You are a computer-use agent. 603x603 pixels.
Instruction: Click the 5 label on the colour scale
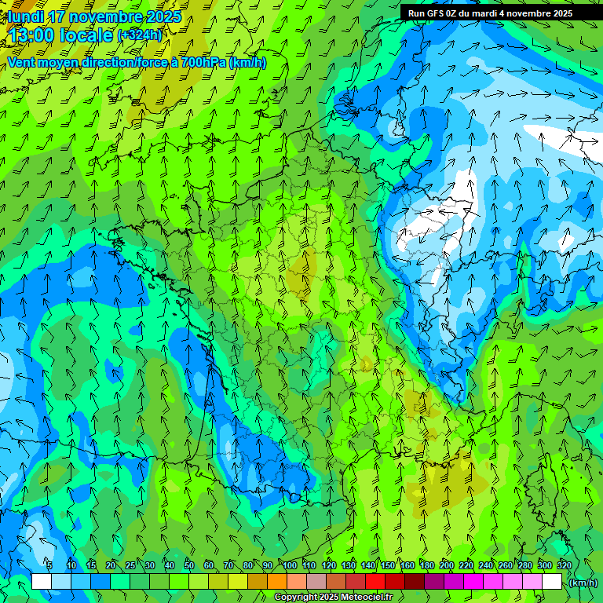pos(50,565)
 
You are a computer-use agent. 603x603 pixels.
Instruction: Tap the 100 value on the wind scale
pos(290,565)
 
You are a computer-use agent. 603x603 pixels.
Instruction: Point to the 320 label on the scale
pos(564,565)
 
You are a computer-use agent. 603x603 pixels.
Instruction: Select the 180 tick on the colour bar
pos(427,565)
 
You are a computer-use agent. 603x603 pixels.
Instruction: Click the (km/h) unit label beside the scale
pos(583,583)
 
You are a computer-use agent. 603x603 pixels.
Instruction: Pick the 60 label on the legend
pos(209,565)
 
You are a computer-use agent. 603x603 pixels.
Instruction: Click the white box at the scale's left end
pos(42,582)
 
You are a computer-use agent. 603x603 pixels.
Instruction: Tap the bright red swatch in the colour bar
pos(375,582)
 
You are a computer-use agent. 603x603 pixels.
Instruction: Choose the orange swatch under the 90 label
pos(277,582)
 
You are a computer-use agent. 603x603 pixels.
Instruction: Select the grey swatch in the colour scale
pos(316,582)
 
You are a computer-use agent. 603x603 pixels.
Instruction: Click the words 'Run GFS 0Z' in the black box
pos(433,13)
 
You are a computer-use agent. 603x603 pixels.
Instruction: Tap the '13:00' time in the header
pos(32,35)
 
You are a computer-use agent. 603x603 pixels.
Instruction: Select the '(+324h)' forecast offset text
pos(140,35)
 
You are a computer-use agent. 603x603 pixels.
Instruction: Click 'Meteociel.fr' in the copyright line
pos(346,598)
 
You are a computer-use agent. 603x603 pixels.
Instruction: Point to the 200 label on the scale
pos(447,565)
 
